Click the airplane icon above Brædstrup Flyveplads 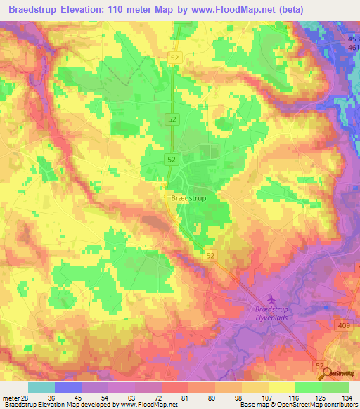point(273,298)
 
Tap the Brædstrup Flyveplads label point(273,313)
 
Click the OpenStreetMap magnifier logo point(327,375)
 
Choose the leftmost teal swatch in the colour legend point(41,387)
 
